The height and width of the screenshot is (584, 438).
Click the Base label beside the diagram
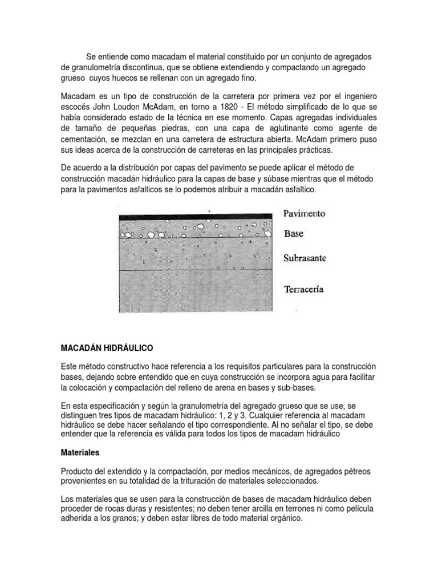tap(294, 234)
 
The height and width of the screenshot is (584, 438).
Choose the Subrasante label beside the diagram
tap(305, 258)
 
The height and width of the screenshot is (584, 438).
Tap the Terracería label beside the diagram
tap(304, 289)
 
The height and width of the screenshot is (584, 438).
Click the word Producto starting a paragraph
tap(79, 471)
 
